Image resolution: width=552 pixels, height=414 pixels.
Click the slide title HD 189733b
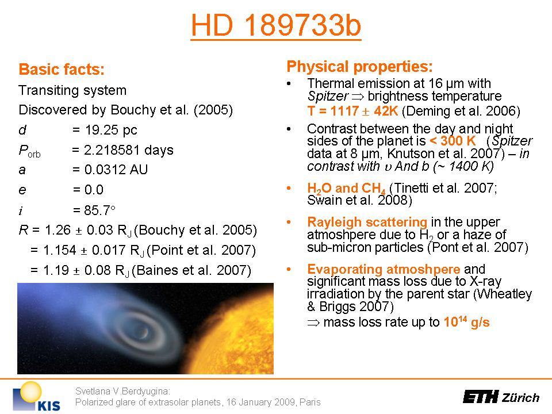(276, 25)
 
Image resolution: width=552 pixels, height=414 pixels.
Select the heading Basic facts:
(62, 69)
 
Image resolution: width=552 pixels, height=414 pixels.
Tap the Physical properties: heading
(359, 66)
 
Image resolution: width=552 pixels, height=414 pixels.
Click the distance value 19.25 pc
(111, 130)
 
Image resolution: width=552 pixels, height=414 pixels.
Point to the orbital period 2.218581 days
(128, 150)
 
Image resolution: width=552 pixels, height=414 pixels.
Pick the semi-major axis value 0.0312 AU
(116, 170)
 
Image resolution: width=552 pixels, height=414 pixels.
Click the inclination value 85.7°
(99, 210)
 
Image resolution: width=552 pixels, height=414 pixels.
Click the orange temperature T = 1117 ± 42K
(352, 111)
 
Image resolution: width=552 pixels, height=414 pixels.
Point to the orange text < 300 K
(453, 141)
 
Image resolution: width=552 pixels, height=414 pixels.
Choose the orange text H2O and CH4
(346, 189)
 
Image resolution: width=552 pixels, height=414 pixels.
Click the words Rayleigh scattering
(367, 222)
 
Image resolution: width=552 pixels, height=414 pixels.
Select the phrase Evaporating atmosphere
(384, 269)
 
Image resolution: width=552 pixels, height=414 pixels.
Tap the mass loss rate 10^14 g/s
(466, 322)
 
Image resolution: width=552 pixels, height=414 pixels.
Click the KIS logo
(37, 396)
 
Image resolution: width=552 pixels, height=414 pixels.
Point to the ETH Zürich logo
(501, 397)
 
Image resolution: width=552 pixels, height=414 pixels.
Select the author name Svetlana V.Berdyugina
(122, 391)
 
